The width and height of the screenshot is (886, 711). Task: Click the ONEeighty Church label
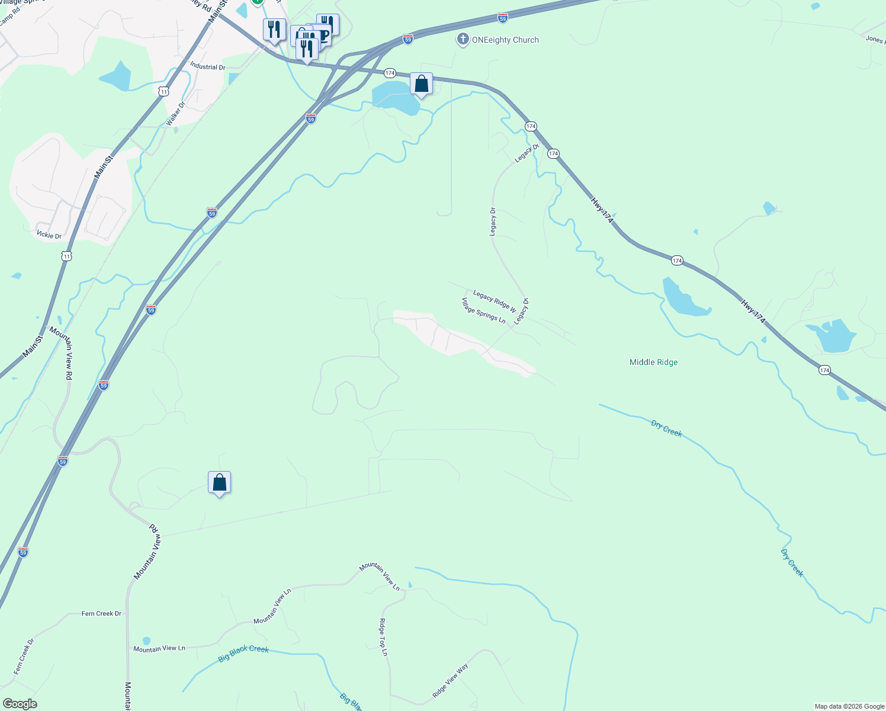pyautogui.click(x=505, y=40)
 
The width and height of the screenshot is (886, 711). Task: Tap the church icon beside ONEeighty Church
pyautogui.click(x=463, y=40)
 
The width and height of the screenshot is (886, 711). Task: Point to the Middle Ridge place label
pyautogui.click(x=653, y=362)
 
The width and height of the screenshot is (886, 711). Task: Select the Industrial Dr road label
pyautogui.click(x=207, y=67)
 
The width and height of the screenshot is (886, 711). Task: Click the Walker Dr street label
pyautogui.click(x=175, y=113)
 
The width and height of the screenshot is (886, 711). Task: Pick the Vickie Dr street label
pyautogui.click(x=49, y=235)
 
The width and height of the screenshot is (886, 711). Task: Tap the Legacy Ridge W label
pyautogui.click(x=495, y=300)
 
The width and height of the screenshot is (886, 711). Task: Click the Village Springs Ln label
pyautogui.click(x=483, y=310)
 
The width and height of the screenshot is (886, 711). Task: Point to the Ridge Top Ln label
pyautogui.click(x=383, y=637)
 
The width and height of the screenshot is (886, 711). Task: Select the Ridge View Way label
pyautogui.click(x=450, y=680)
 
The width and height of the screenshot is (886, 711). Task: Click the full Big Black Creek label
pyautogui.click(x=243, y=653)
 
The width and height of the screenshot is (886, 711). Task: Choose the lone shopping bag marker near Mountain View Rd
pyautogui.click(x=219, y=483)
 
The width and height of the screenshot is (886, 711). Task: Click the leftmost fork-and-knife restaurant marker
pyautogui.click(x=274, y=30)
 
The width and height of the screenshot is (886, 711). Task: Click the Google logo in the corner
pyautogui.click(x=20, y=704)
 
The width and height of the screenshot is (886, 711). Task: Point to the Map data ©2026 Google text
pyautogui.click(x=849, y=706)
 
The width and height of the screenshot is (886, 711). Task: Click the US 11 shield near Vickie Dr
pyautogui.click(x=66, y=256)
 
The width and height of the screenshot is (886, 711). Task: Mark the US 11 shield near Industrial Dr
pyautogui.click(x=164, y=91)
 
